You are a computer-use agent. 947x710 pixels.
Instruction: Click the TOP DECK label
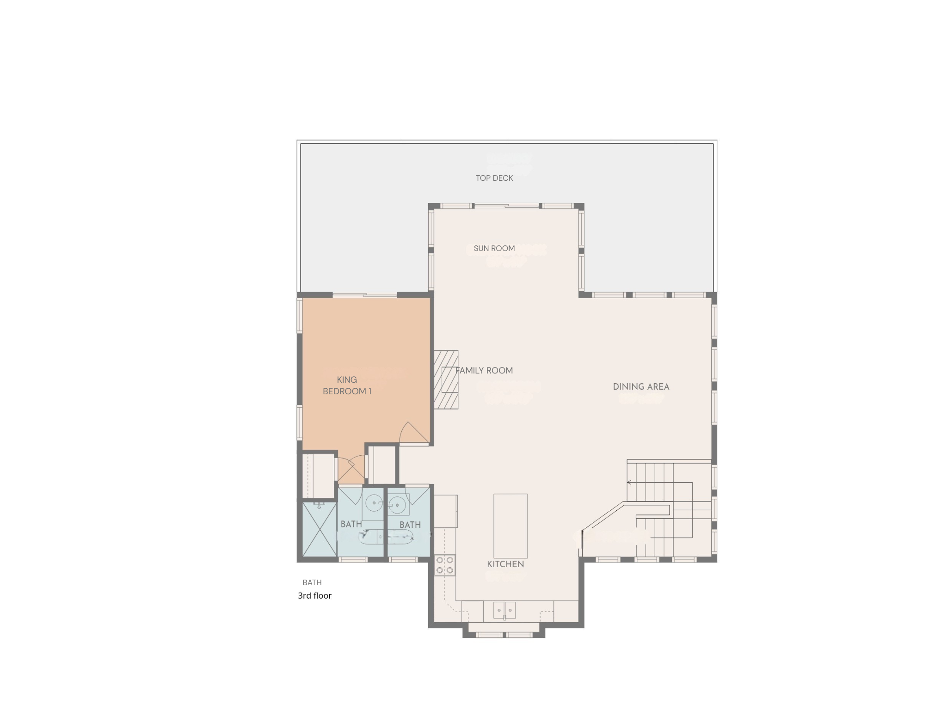(x=494, y=178)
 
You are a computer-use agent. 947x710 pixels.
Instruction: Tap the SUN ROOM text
(x=494, y=248)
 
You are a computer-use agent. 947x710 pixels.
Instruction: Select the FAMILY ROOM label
(x=484, y=370)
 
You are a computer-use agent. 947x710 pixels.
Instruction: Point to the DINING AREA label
(x=641, y=386)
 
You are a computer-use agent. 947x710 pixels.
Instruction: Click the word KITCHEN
(x=505, y=564)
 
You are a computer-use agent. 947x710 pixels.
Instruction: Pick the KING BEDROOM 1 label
(x=347, y=386)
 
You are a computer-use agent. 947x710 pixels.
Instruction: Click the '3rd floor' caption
(x=314, y=596)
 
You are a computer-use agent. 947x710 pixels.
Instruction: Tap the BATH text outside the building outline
(x=312, y=582)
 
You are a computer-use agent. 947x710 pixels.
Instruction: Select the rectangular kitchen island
(x=510, y=526)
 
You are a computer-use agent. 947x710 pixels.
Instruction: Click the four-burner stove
(x=444, y=565)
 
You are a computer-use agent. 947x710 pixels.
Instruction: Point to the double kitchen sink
(x=504, y=610)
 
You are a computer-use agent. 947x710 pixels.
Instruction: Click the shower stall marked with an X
(x=320, y=530)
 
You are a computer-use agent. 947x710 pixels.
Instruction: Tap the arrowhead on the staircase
(x=629, y=483)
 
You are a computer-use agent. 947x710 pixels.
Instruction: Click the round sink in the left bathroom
(x=374, y=503)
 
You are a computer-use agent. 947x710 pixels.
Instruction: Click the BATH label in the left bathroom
(x=351, y=524)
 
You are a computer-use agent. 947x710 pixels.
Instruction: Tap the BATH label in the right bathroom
(x=410, y=525)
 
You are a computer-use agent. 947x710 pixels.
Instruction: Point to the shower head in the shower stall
(x=319, y=506)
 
